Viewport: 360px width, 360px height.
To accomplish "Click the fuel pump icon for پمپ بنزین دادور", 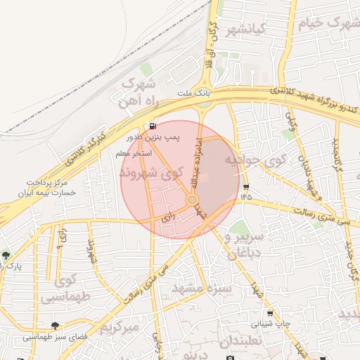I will click(x=151, y=127).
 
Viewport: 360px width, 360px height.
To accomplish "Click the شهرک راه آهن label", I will click(x=139, y=93).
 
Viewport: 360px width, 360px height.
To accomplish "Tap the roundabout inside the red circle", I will click(x=192, y=201).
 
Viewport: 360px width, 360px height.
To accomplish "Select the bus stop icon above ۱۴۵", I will click(x=245, y=187).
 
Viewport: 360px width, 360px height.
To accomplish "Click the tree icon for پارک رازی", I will click(x=7, y=255).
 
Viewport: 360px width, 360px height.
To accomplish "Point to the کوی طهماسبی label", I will click(x=67, y=289).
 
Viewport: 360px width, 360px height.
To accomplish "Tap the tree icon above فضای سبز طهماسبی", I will click(x=55, y=326).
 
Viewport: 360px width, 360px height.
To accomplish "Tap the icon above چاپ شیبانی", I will click(x=270, y=314).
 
